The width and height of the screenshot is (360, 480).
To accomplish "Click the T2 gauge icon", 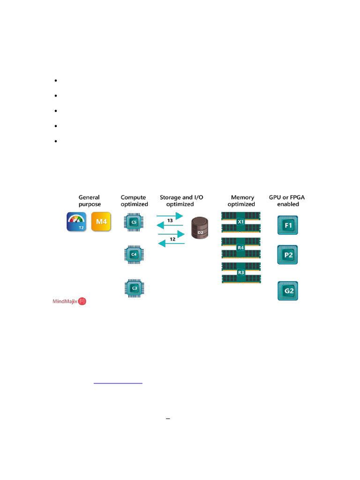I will coord(78,221).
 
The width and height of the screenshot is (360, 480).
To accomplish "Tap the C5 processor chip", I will coord(134,222).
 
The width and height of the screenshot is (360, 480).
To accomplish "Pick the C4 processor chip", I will coord(134,255).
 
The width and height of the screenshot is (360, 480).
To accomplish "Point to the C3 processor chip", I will coord(134,287).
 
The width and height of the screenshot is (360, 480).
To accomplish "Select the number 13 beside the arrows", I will coord(171,220).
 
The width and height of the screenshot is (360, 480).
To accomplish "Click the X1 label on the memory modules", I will coord(241,222).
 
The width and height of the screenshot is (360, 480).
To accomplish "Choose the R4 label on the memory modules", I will coord(241,247).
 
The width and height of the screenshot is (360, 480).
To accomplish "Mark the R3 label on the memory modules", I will coord(241,272).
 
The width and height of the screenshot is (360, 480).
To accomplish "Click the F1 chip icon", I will coord(288,225).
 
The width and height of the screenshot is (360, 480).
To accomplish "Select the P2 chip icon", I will coord(288,255).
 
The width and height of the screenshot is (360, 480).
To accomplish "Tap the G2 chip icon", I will coord(288,291).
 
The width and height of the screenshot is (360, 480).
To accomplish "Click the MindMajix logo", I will coord(70,301).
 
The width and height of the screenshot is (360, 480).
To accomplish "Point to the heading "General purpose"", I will coord(90,201).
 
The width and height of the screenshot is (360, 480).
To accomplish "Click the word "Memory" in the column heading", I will coord(242,197).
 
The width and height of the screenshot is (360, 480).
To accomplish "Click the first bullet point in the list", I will coord(56,81).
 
